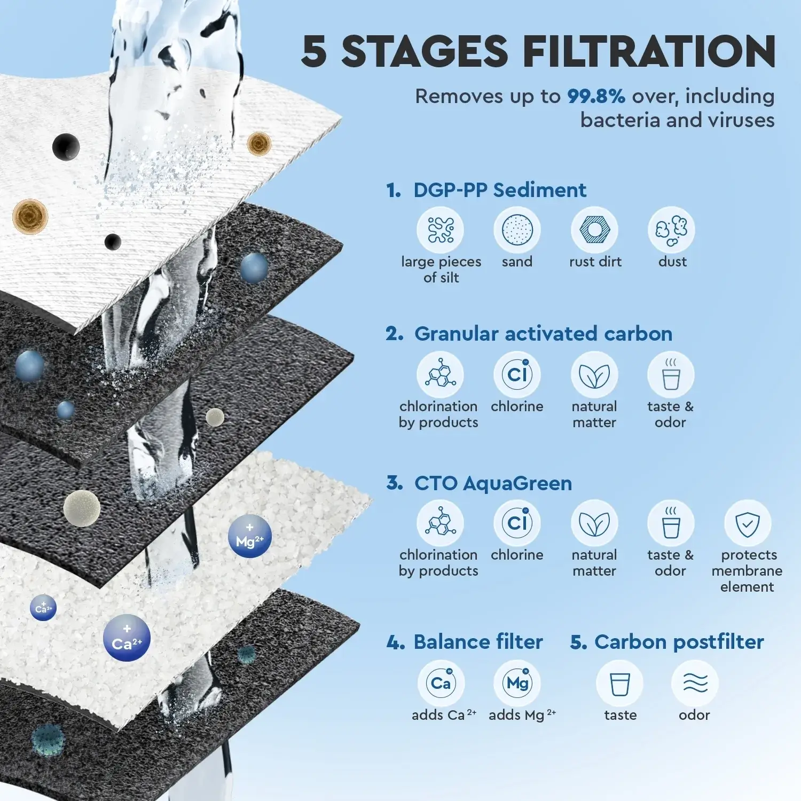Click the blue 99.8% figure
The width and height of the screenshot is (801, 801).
tap(596, 97)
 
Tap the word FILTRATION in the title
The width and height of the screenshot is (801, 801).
tap(649, 51)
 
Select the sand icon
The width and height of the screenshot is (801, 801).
tap(517, 230)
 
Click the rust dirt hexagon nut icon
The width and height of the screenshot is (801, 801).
tap(594, 230)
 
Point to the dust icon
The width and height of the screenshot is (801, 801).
tap(671, 230)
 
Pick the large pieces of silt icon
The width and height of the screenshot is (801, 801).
tap(441, 230)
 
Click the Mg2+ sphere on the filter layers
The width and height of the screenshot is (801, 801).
tap(250, 536)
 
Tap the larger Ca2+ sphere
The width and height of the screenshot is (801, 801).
tap(127, 638)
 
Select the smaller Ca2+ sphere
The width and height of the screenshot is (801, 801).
tap(43, 608)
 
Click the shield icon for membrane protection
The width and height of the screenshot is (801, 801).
tap(748, 523)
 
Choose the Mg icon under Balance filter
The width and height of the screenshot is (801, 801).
tap(517, 684)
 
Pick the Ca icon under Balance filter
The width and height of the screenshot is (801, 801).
tap(441, 684)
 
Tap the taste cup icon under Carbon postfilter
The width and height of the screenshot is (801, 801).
tap(619, 684)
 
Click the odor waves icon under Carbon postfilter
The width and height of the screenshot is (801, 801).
tap(695, 684)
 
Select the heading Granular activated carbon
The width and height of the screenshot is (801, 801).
tap(543, 334)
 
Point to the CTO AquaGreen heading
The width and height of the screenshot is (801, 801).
tap(493, 483)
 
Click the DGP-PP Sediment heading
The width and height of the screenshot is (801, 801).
tap(500, 190)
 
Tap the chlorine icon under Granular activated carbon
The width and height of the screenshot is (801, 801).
tap(517, 375)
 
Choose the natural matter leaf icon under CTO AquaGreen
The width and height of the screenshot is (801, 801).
tap(594, 523)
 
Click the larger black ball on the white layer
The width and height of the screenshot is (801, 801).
tap(66, 146)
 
